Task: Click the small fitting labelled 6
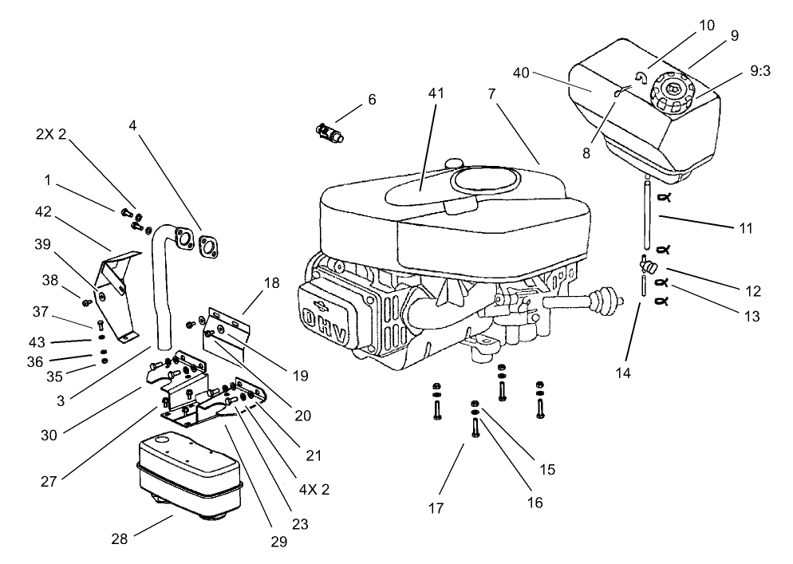point(329,131)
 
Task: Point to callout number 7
point(492,93)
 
